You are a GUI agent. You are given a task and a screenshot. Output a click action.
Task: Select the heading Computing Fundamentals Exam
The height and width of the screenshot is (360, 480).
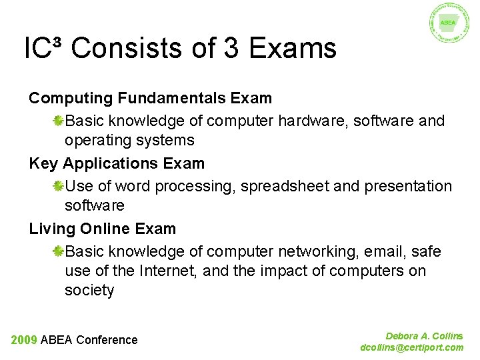point(150,98)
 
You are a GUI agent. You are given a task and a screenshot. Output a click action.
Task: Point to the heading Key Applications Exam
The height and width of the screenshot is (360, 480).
point(117,163)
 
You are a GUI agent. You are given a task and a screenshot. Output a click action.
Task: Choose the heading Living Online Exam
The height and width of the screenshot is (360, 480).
point(102,229)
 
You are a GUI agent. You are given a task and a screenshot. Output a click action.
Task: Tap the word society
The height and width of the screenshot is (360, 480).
point(89,291)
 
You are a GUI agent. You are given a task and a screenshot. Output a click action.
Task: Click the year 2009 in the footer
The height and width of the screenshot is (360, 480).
point(24,340)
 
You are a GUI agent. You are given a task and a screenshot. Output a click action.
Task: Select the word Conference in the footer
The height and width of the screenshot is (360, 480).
point(107,340)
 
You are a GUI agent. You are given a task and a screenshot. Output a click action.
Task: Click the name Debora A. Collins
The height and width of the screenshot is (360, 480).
point(424,337)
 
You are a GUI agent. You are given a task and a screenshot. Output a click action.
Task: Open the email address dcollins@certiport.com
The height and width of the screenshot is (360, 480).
point(411,347)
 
